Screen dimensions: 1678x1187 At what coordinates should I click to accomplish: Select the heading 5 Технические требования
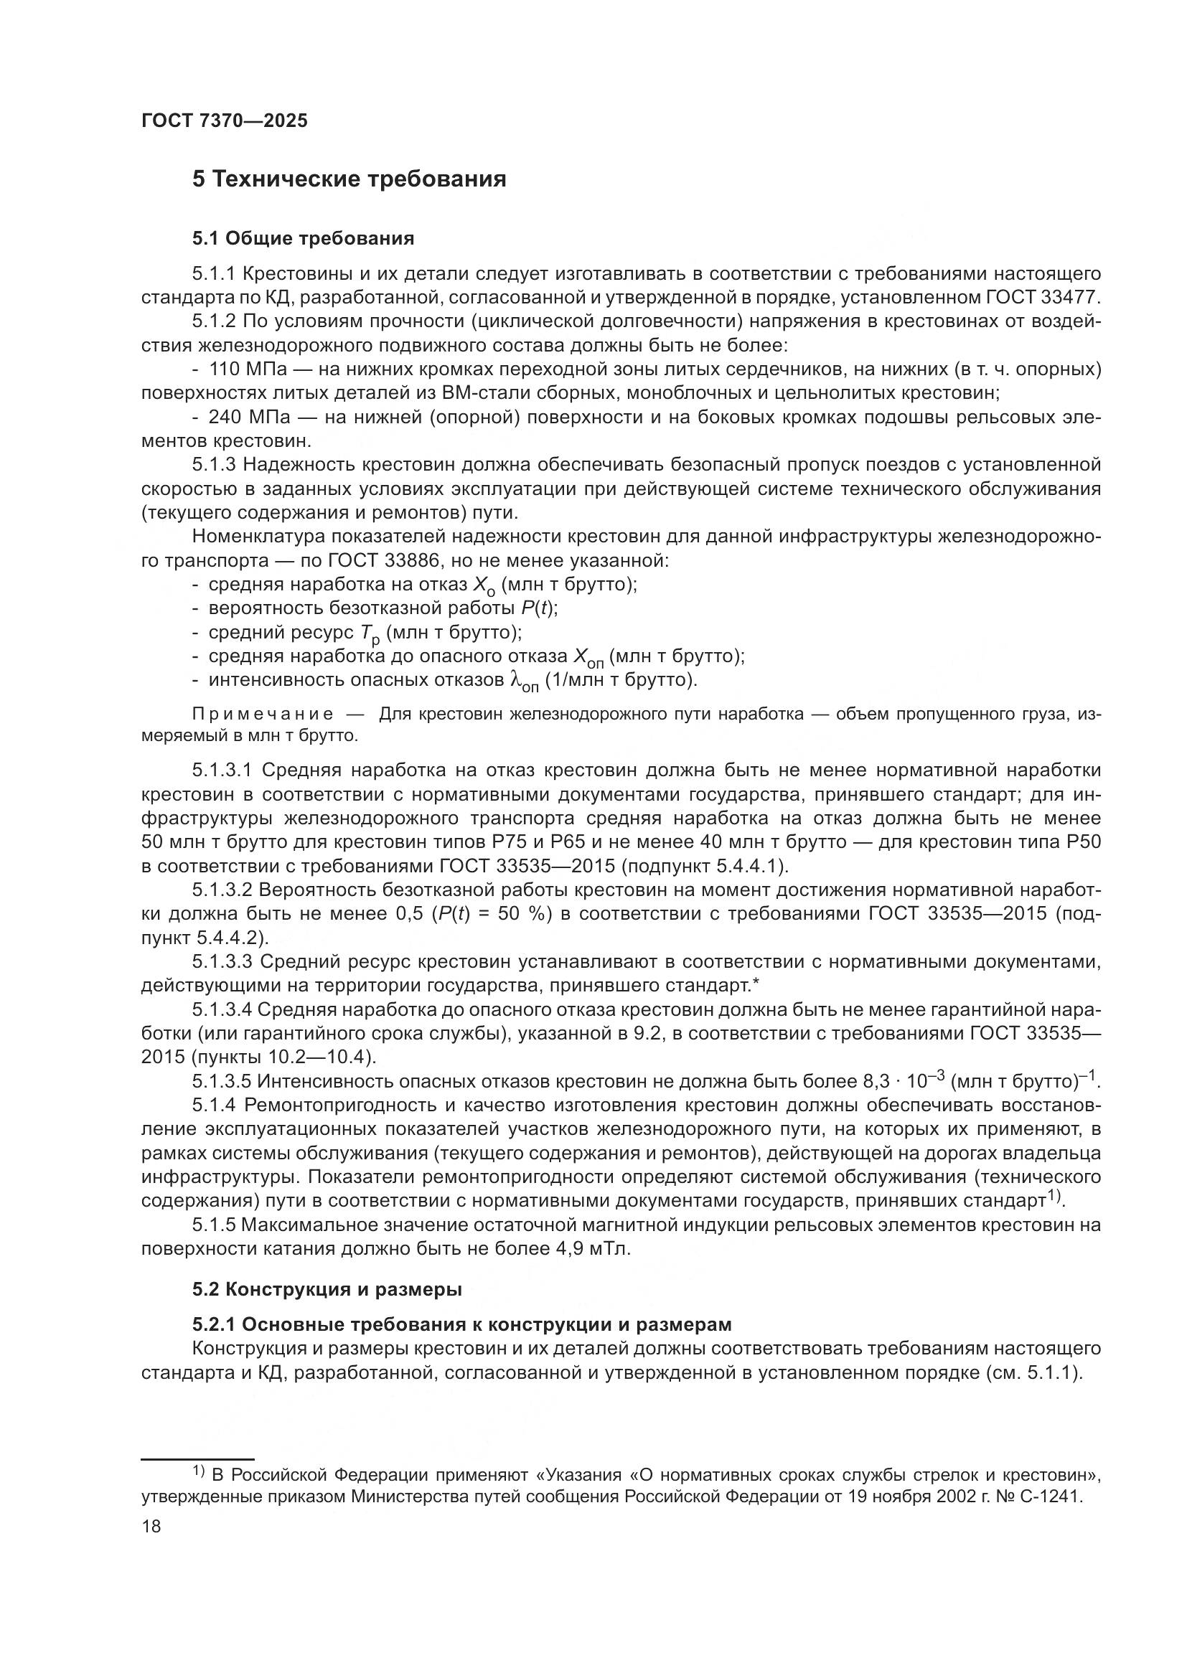(x=349, y=179)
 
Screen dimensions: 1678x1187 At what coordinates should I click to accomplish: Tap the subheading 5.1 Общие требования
(x=303, y=238)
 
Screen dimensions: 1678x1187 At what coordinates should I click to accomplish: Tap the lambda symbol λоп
(x=522, y=682)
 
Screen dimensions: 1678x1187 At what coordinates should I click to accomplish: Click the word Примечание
(x=263, y=714)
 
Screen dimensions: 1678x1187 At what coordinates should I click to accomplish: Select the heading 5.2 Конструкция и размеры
(x=327, y=1290)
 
